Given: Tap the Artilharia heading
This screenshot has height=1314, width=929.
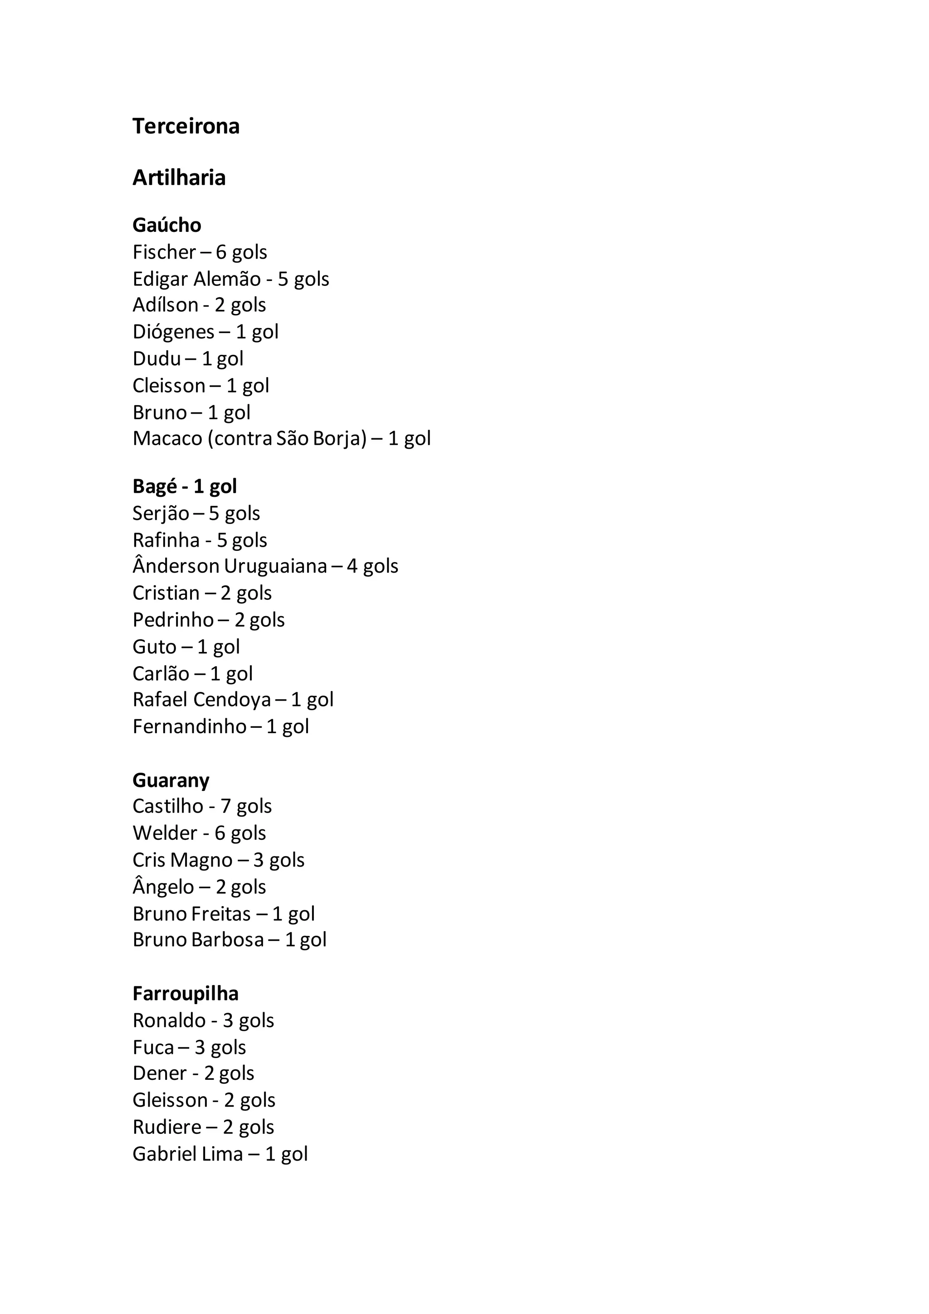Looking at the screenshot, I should pos(179,178).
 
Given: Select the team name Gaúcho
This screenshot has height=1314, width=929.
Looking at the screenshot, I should pos(166,225).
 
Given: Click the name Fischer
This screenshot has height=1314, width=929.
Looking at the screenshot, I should pos(164,252).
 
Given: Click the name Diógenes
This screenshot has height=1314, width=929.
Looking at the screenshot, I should pos(173,332).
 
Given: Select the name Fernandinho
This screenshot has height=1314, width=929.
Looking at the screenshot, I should pos(189,726).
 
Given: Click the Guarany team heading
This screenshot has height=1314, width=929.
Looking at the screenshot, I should pos(171,780).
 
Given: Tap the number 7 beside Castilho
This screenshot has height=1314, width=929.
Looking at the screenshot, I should pos(225,806).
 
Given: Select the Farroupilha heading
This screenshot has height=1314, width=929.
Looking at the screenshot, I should pos(186,994).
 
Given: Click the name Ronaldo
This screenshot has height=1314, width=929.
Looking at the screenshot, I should pos(169,1020).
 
